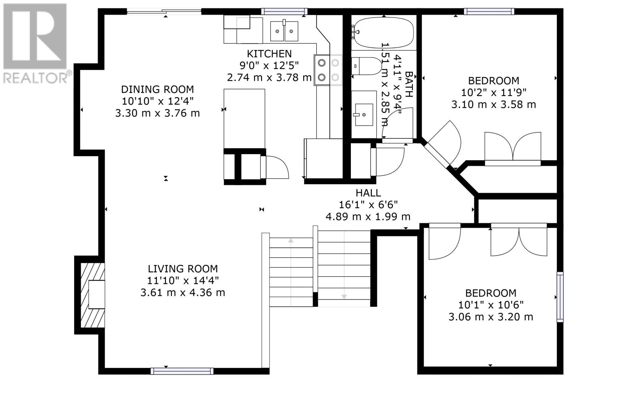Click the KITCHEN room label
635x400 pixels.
pos(269,54)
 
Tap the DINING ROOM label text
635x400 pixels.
pos(157,90)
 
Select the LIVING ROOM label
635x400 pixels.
pos(183,269)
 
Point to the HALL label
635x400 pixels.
pos(368,193)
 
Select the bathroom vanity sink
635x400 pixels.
pos(364,114)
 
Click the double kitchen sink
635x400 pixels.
pos(284,31)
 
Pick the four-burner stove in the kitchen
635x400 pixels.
pos(328,70)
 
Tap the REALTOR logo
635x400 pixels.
pos(35,44)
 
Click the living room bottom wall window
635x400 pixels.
pos(182,371)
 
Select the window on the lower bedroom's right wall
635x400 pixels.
pos(560,297)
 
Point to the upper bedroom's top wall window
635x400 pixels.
pos(489,11)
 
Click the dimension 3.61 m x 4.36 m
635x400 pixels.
pos(183,293)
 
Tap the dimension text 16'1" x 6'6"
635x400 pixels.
pos(368,205)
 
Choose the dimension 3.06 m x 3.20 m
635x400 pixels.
pos(491,317)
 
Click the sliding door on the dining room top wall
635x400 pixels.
pos(164,11)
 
